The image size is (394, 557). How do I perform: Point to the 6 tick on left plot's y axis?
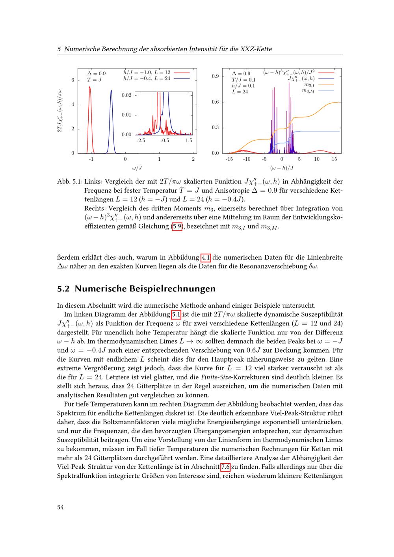[x=72, y=80]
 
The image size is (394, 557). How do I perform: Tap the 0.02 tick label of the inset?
[x=126, y=95]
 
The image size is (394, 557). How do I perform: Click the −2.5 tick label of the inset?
[x=141, y=140]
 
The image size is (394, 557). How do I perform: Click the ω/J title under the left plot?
[x=137, y=168]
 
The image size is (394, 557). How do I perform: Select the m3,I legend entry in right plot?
[x=309, y=85]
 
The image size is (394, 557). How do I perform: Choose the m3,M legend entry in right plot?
[x=308, y=91]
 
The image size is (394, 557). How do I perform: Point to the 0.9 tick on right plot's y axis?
[x=215, y=76]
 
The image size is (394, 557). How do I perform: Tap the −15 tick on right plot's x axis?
[x=229, y=159]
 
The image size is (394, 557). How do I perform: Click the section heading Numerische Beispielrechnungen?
[x=145, y=288]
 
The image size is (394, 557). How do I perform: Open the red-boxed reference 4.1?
[x=206, y=258]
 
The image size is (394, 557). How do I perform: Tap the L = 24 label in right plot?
[x=240, y=92]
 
